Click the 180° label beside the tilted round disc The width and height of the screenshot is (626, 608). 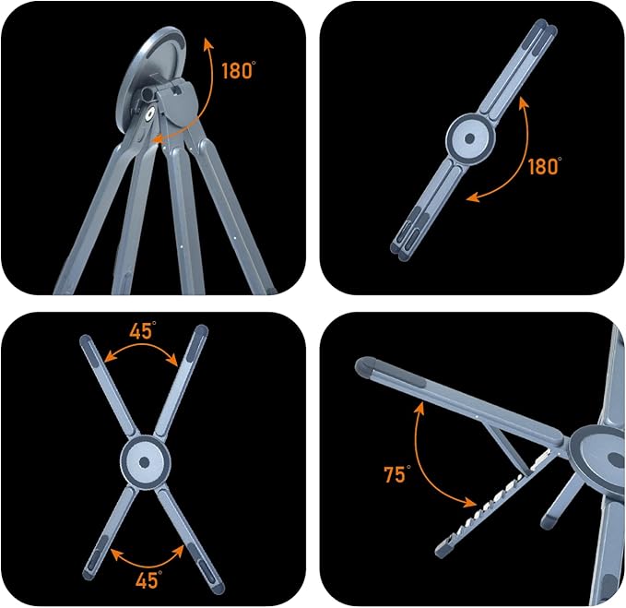click(x=239, y=71)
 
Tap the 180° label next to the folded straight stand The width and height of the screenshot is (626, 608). click(x=545, y=166)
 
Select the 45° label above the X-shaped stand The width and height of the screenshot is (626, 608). click(x=143, y=331)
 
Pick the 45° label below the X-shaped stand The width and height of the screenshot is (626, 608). click(x=148, y=579)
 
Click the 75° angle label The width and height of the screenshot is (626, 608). click(x=396, y=474)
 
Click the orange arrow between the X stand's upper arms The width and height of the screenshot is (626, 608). click(x=140, y=347)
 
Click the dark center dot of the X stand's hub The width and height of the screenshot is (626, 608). click(x=145, y=462)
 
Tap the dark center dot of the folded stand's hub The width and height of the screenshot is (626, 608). click(x=470, y=138)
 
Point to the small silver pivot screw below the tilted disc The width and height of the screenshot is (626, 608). click(x=150, y=113)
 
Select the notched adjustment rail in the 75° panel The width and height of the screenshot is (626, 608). click(x=495, y=505)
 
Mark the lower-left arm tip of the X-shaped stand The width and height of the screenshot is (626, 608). click(x=88, y=575)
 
